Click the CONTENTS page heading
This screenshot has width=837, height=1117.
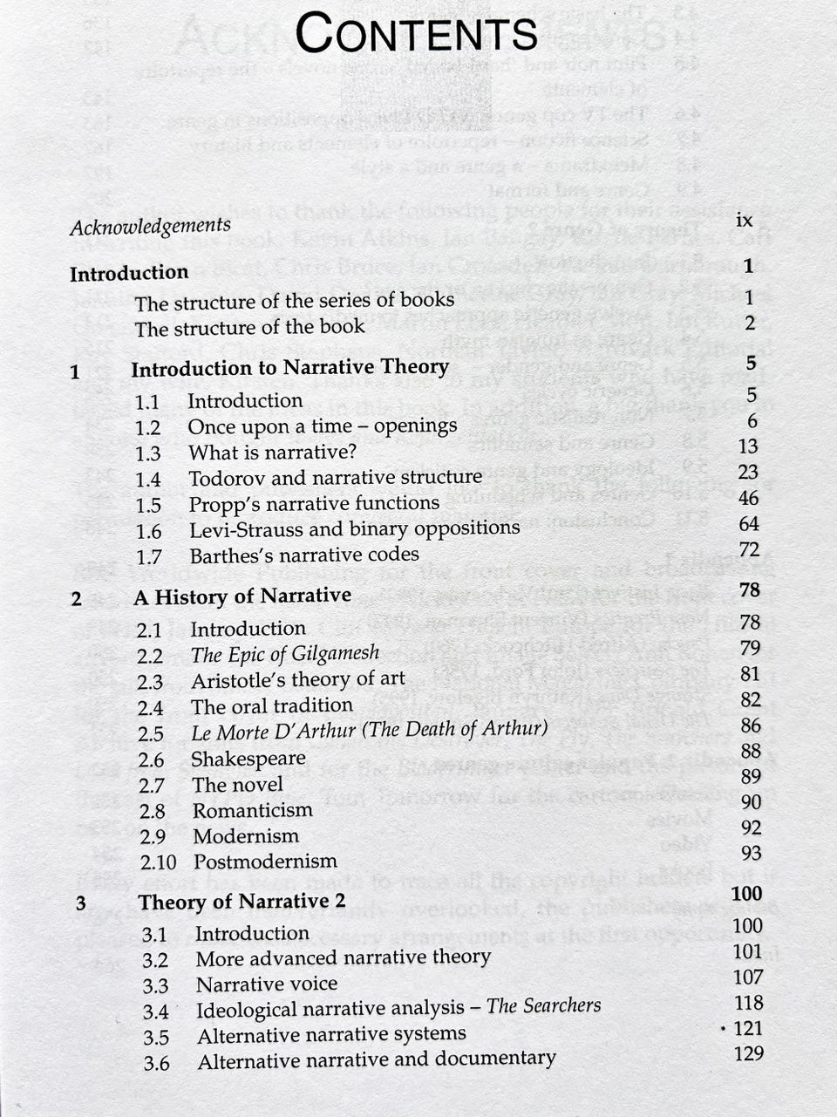417,34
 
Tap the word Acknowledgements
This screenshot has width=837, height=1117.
150,226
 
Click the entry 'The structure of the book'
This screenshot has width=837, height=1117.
249,328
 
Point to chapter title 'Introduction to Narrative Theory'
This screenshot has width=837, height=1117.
289,367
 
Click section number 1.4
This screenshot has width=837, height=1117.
148,480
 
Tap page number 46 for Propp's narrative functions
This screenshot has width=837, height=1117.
747,498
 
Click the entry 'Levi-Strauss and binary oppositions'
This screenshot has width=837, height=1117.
354,529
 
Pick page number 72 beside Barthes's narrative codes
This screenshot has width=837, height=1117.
748,549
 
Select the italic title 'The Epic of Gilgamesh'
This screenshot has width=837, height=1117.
285,653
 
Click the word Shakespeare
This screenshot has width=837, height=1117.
248,759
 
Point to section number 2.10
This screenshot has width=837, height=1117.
158,862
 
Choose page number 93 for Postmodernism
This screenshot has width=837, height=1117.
751,853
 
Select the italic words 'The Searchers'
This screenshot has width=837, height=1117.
543,1005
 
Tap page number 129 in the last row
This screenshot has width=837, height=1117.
748,1053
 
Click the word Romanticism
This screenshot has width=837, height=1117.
252,810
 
